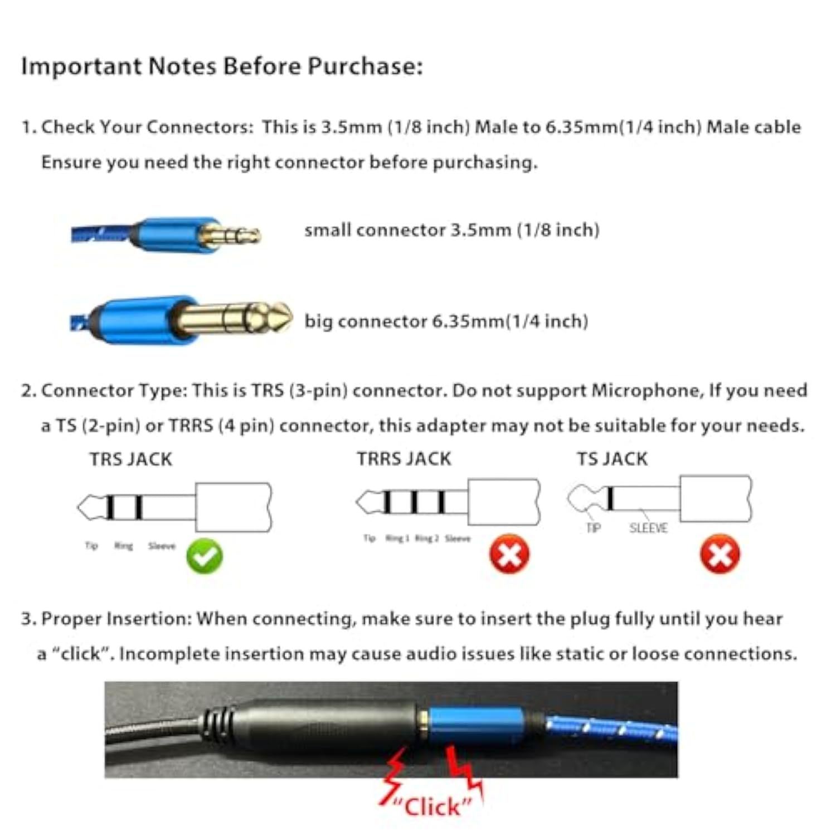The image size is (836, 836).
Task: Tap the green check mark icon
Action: [x=205, y=556]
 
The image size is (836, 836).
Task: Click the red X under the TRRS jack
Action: [x=509, y=554]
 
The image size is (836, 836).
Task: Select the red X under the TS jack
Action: [x=720, y=554]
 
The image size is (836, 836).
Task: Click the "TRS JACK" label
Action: [x=131, y=459]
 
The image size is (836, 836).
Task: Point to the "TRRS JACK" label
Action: [x=404, y=459]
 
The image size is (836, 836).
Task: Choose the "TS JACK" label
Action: [x=612, y=459]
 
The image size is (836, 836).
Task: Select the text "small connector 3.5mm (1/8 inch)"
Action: [x=451, y=230]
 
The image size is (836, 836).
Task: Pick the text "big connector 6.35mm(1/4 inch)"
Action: [x=446, y=322]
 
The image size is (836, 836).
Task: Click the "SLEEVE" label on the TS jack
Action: [x=648, y=528]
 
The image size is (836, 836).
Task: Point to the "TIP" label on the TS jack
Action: [x=594, y=528]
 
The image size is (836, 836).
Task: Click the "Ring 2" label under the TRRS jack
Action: [x=427, y=538]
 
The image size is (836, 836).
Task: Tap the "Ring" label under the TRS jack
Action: [x=123, y=546]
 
